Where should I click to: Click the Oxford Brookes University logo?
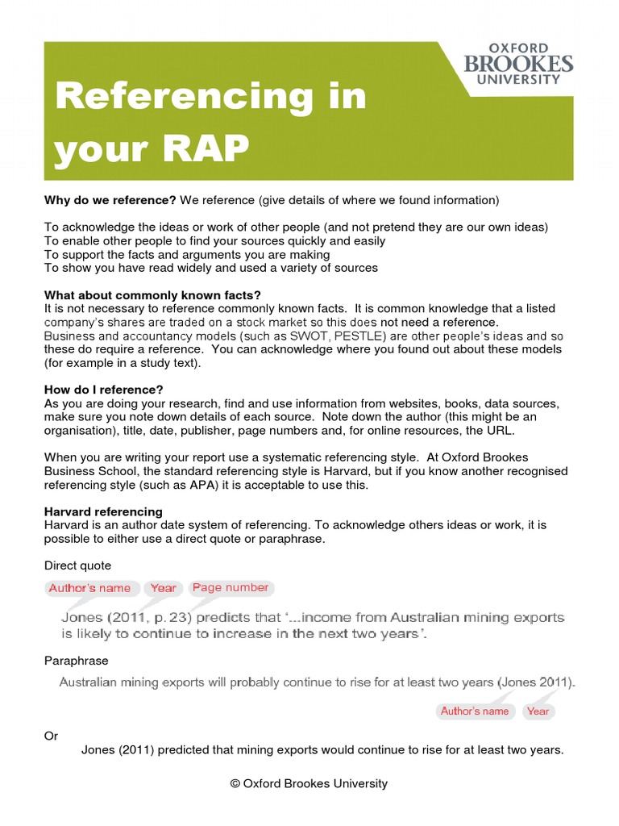tap(519, 64)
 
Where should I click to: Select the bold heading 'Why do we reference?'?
tap(110, 200)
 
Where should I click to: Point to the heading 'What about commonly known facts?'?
tap(152, 295)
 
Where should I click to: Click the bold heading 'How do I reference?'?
tap(104, 390)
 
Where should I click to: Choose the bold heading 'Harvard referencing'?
tap(103, 511)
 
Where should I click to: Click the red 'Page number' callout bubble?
tap(231, 588)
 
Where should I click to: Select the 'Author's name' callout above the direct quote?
tap(89, 588)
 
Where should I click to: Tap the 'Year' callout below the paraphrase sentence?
tap(538, 711)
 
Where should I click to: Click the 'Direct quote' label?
tap(78, 565)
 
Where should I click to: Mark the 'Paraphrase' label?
tap(77, 661)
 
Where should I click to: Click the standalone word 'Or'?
tap(51, 736)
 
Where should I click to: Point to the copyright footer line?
tap(309, 783)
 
